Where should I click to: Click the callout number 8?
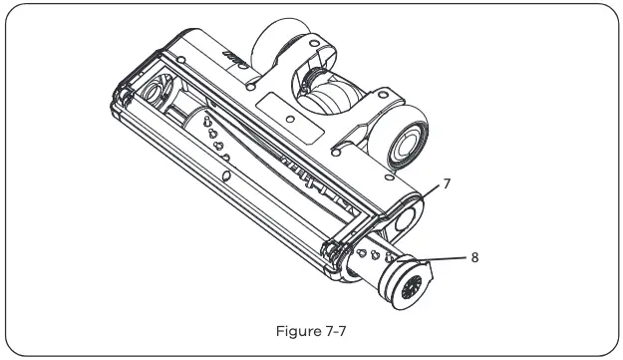pyautogui.click(x=475, y=256)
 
